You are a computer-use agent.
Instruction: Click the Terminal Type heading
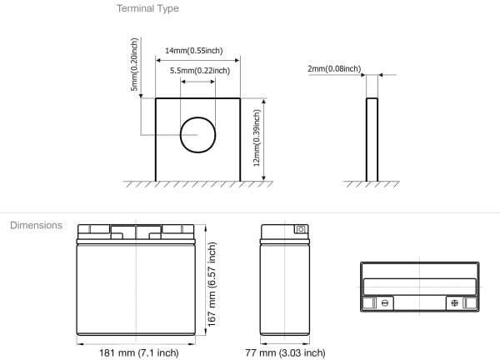click(147, 8)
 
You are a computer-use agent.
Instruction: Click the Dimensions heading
click(36, 226)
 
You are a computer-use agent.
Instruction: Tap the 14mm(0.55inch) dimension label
click(194, 50)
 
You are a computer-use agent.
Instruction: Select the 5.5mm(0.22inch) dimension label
click(200, 70)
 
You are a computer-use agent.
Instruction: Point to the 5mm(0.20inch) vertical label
click(134, 65)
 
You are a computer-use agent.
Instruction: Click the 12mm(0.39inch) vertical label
click(257, 138)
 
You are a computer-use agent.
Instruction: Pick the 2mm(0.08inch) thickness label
click(334, 68)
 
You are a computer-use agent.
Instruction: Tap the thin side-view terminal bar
click(372, 140)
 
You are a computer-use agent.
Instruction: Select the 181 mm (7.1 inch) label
click(139, 352)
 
